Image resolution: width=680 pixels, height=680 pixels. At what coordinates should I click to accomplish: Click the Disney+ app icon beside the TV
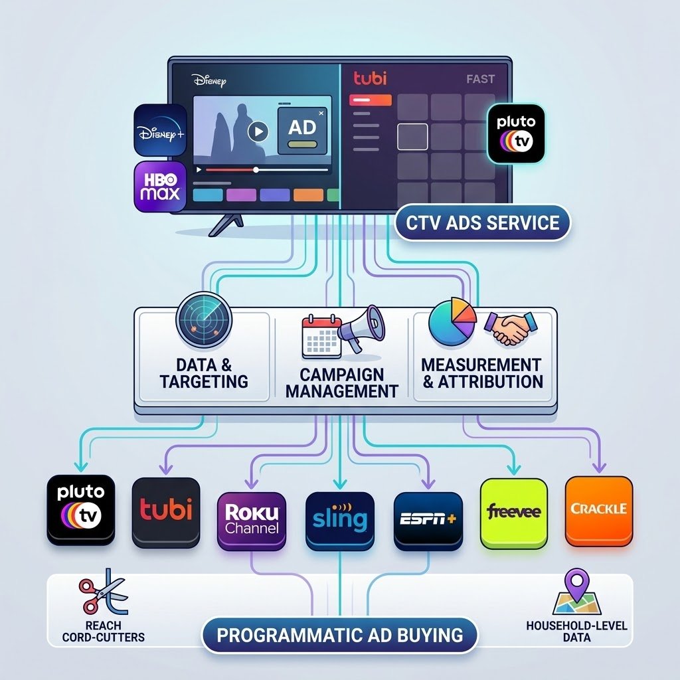pos(161,130)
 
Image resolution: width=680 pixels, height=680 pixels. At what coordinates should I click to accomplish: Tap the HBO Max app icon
pos(161,187)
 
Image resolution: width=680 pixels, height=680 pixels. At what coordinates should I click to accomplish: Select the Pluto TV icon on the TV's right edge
pos(515,133)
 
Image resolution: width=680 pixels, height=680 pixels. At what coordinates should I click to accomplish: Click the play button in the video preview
pos(258,131)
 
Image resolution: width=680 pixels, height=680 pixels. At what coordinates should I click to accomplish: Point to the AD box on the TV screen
pos(302,131)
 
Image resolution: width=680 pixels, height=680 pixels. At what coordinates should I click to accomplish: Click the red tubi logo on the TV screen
pos(370,78)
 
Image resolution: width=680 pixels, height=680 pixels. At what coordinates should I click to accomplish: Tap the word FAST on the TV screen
pos(481,79)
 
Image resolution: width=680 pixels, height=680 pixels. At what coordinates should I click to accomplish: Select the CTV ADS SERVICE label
pos(482,223)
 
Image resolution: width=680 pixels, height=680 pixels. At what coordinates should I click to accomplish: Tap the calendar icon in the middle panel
pos(321,337)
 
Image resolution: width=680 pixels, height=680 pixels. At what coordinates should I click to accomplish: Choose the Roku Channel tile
pos(252,521)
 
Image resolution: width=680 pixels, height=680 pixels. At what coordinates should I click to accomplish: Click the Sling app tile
pos(340,521)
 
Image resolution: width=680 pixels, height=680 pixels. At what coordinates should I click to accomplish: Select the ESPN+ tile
pos(428,521)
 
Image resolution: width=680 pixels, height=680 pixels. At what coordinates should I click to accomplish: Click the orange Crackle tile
pos(599,511)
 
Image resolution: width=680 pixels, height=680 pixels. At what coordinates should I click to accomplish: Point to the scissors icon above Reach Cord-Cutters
pos(103,592)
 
